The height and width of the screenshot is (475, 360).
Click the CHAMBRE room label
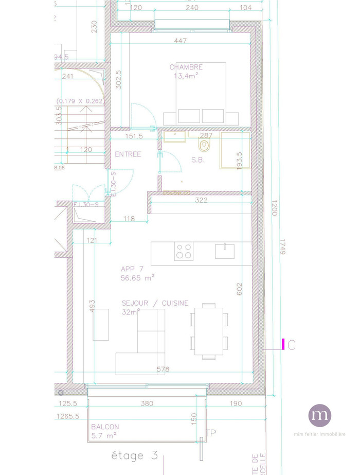click(186, 67)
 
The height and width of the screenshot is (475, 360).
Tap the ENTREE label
click(128, 154)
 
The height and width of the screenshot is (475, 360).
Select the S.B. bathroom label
click(198, 160)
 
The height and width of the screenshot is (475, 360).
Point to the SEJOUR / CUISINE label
click(155, 304)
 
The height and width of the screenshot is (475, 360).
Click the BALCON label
click(105, 427)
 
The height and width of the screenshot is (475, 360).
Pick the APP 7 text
click(132, 269)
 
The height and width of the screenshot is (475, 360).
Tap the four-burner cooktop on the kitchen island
click(184, 251)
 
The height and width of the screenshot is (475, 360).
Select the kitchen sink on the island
click(225, 251)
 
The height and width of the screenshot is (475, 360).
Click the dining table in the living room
click(209, 331)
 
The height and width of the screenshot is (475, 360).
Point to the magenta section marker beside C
click(283, 344)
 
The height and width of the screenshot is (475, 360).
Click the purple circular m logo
click(319, 415)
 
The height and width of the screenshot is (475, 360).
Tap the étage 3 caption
click(135, 455)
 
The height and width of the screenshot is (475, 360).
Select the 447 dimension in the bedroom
click(181, 41)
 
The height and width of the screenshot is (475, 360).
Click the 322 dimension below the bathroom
click(201, 200)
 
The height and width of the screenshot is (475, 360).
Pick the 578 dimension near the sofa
click(163, 370)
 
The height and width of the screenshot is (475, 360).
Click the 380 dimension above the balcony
click(147, 403)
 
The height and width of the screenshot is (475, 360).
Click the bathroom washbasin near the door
click(175, 137)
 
